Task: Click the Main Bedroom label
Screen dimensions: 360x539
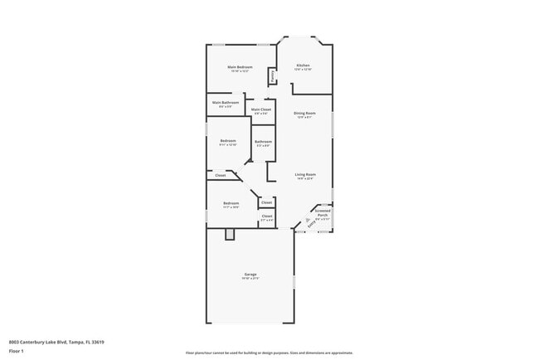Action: [x=240, y=66]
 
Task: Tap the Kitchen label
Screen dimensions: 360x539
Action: [x=303, y=65]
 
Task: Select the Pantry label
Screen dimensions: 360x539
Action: [x=271, y=75]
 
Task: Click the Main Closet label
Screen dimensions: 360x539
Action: [x=260, y=109]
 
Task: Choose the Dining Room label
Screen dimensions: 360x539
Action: [x=304, y=113]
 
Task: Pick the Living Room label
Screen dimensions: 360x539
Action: [x=304, y=173]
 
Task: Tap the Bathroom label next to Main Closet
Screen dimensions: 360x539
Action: [x=263, y=141]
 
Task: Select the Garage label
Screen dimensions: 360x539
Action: [x=250, y=274]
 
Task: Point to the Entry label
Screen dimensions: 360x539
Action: [x=311, y=222]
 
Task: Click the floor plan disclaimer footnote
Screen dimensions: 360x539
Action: [x=269, y=352]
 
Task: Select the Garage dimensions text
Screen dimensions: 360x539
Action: [x=250, y=278]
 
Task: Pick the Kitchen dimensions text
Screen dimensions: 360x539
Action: [x=303, y=70]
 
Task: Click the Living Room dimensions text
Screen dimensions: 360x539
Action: [x=304, y=178]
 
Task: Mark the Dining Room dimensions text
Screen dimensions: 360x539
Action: [x=304, y=117]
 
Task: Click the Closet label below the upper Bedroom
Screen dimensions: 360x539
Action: [x=221, y=175]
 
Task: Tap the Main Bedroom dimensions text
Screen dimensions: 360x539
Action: [x=240, y=71]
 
